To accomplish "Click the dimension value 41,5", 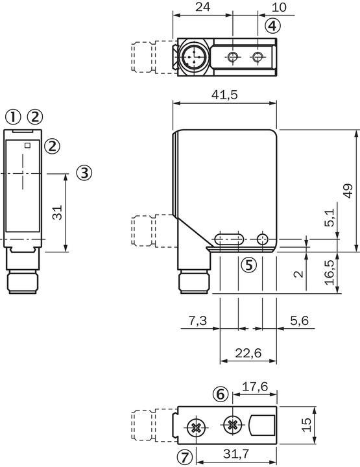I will (x=224, y=95).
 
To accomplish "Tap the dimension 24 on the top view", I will (x=203, y=7).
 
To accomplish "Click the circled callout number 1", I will (x=12, y=117).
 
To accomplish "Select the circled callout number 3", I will (x=84, y=173).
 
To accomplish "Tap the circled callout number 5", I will (x=248, y=265).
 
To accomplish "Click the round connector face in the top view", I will (x=192, y=58).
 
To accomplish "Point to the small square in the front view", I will (x=27, y=145).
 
